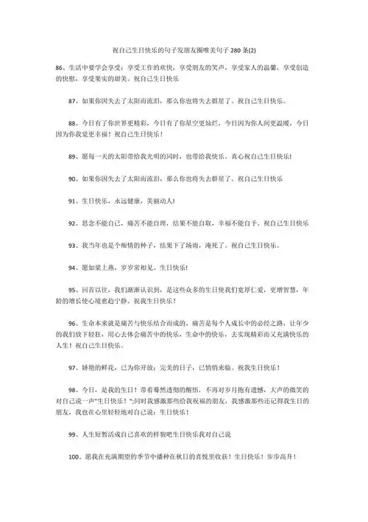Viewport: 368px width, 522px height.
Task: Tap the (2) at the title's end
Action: (252, 50)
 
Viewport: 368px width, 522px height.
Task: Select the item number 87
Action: (71, 97)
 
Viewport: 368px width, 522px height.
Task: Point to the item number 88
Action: (71, 124)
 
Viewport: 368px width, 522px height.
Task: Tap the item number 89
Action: (71, 157)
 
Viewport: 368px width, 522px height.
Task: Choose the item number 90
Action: (71, 178)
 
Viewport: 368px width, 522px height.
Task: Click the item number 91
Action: (71, 200)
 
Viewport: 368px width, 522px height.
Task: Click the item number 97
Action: (71, 367)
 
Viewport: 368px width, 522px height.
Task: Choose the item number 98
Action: (71, 389)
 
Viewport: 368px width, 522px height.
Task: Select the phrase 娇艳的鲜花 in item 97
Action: (99, 367)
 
